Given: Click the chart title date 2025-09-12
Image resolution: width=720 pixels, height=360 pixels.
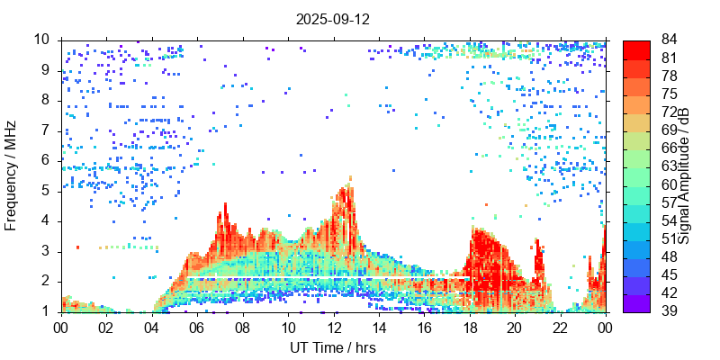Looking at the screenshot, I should click(x=332, y=18).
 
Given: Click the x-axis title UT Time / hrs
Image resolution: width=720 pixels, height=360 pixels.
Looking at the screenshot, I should click(x=332, y=347).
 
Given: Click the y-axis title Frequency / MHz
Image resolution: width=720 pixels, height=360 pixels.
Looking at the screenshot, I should click(x=12, y=176).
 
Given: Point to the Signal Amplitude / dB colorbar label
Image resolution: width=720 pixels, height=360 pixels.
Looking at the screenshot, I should click(x=684, y=176).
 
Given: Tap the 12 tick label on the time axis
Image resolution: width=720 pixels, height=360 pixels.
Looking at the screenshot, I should click(x=333, y=328).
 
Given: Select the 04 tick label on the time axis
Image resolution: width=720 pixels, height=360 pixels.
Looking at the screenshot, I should click(x=152, y=328).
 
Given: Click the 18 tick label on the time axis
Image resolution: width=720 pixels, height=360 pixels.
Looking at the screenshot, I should click(x=469, y=328).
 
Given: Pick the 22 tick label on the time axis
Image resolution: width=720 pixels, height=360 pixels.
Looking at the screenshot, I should click(x=560, y=328).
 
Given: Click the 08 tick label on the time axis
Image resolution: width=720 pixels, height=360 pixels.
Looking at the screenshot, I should click(x=242, y=328).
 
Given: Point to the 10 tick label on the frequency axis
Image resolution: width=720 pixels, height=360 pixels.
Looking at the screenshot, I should click(x=41, y=40).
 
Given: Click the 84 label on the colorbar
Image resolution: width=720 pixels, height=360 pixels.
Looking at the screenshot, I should click(x=668, y=40).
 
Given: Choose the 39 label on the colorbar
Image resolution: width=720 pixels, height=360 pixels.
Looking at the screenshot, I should click(x=668, y=311).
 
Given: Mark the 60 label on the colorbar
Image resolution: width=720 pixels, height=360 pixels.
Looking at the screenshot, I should click(x=668, y=184).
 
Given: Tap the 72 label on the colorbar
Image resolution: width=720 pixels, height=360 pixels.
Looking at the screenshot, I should click(x=668, y=112).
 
